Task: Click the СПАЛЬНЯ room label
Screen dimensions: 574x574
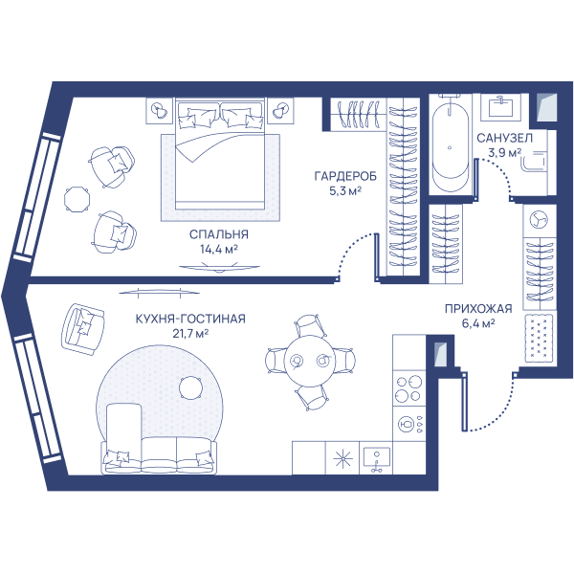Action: point(218,234)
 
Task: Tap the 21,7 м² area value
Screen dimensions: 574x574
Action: point(190,334)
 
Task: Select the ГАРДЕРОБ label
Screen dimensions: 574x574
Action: point(345,176)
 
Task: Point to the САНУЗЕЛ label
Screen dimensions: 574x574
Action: point(504,139)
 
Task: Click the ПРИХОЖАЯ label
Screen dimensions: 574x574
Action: point(478,309)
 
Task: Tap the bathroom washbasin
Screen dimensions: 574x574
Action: point(500,107)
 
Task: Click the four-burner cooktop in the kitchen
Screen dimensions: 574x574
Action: point(408,388)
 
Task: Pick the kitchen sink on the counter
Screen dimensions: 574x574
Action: point(376,458)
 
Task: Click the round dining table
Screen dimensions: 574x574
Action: point(310,362)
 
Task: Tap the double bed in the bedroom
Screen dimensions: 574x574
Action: point(220,154)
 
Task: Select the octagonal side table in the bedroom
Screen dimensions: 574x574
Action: point(77,199)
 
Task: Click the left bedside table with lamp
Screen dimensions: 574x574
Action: point(159,111)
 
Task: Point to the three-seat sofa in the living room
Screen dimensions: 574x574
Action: point(159,456)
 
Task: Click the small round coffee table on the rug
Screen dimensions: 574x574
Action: point(190,388)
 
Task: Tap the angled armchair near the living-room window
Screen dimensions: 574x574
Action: point(83,329)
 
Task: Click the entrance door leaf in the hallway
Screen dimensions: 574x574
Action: point(464,401)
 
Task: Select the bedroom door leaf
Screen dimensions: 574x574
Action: point(376,257)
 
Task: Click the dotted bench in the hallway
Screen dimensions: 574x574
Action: point(541,339)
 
